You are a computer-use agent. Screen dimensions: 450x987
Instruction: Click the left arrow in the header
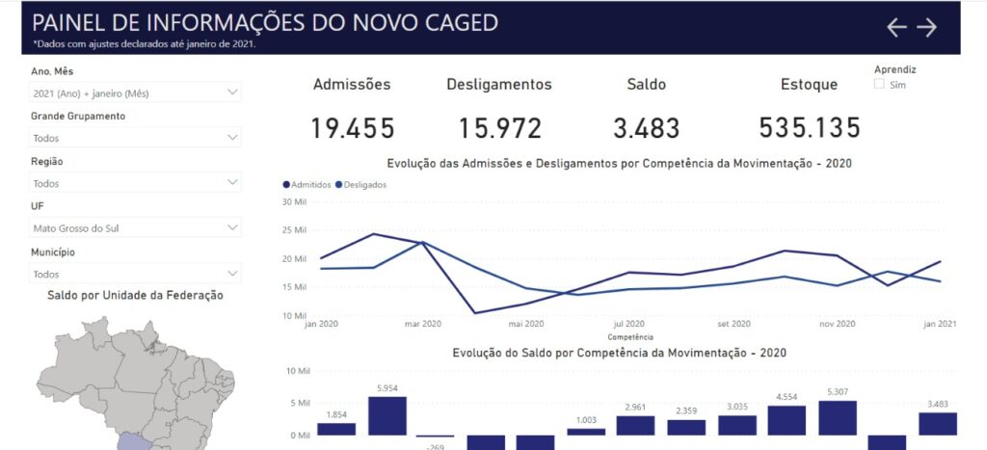click(896, 28)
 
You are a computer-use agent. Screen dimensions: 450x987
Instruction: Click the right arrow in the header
click(926, 28)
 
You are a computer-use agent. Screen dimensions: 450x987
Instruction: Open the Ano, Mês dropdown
click(135, 93)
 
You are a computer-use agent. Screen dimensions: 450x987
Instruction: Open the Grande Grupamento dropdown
click(135, 138)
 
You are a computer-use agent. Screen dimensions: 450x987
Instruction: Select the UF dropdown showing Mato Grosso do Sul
click(135, 228)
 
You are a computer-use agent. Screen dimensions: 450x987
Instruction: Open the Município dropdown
click(135, 274)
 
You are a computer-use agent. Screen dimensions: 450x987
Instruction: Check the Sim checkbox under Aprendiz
click(879, 85)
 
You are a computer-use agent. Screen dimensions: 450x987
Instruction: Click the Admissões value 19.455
click(352, 128)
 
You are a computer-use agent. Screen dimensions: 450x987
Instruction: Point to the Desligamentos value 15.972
click(499, 128)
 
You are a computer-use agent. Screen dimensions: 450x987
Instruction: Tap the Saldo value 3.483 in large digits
click(646, 128)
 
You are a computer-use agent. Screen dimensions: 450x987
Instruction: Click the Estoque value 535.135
click(809, 128)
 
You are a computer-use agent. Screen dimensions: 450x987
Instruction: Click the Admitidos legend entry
click(307, 184)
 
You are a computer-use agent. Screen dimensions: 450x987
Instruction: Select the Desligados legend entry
click(360, 184)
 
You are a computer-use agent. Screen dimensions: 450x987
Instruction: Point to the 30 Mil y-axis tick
click(293, 201)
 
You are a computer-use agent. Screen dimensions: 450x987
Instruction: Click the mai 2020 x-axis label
click(526, 324)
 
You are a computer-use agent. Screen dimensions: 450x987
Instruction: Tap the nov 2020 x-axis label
click(837, 324)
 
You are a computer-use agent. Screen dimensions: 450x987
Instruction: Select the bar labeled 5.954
click(387, 415)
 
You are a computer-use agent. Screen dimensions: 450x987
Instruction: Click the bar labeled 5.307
click(838, 417)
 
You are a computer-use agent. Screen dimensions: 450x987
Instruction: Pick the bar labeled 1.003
click(586, 432)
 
